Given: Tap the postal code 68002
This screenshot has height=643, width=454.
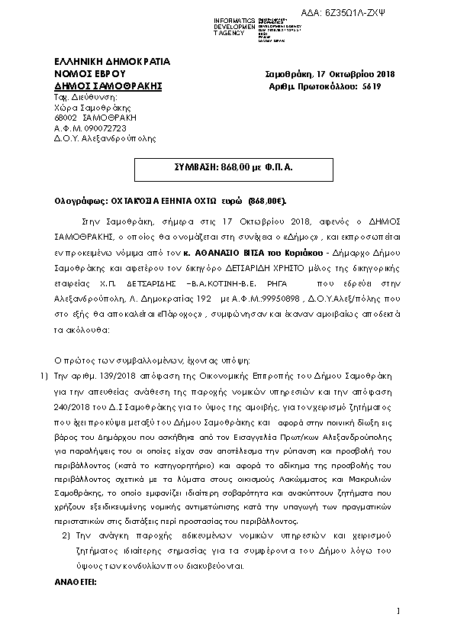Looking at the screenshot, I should click(66, 118).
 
